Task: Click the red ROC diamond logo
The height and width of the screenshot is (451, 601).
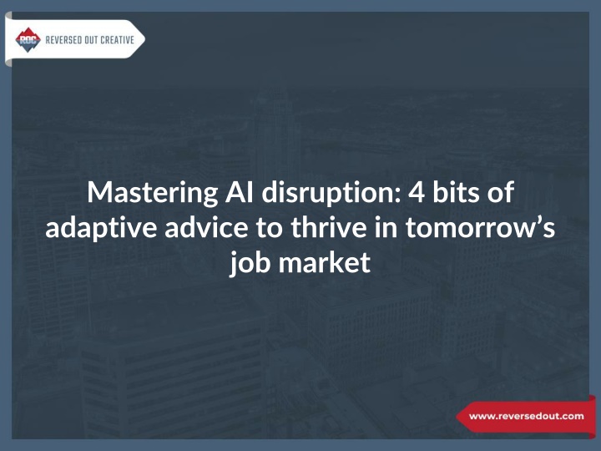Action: (28, 39)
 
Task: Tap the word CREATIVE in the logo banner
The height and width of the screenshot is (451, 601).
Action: (118, 40)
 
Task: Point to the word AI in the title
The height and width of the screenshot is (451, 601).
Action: (240, 192)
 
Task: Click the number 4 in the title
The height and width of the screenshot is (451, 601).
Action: (416, 192)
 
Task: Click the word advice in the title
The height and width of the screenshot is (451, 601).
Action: (207, 226)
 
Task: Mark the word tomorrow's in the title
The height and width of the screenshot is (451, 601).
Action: (480, 228)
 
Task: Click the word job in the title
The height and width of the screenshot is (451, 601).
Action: (250, 263)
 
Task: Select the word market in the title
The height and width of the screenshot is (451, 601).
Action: (324, 262)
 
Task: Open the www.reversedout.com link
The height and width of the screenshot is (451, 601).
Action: (526, 416)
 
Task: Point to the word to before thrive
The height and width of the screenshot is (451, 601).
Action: (270, 228)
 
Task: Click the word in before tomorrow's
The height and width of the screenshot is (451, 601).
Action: (386, 226)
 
